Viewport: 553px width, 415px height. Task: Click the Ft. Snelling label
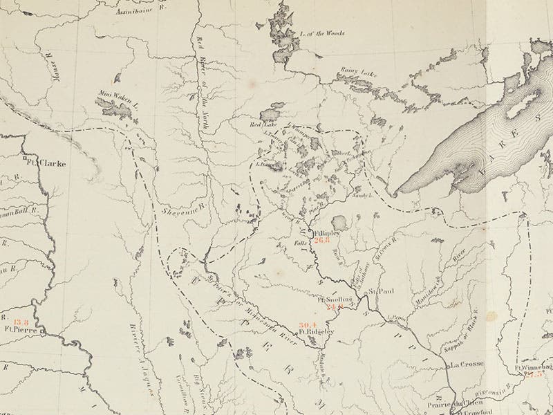tap(336, 299)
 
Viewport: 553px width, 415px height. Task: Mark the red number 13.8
tap(21, 322)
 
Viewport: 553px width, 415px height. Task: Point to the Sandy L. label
tap(365, 197)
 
